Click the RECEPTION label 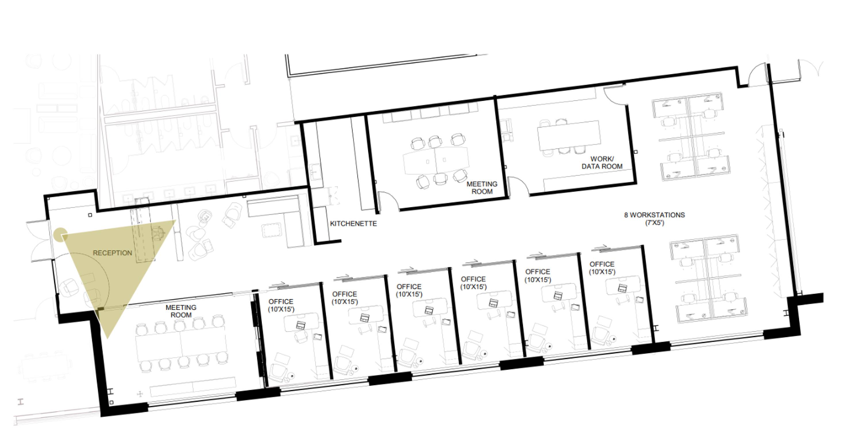112,253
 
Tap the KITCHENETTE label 353,224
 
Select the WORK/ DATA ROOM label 602,163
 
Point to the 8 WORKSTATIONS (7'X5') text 655,218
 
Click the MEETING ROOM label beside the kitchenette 482,188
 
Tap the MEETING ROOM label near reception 181,311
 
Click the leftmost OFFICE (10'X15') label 281,305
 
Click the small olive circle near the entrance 61,234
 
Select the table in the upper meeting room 436,160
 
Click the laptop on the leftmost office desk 301,325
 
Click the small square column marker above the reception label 90,215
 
